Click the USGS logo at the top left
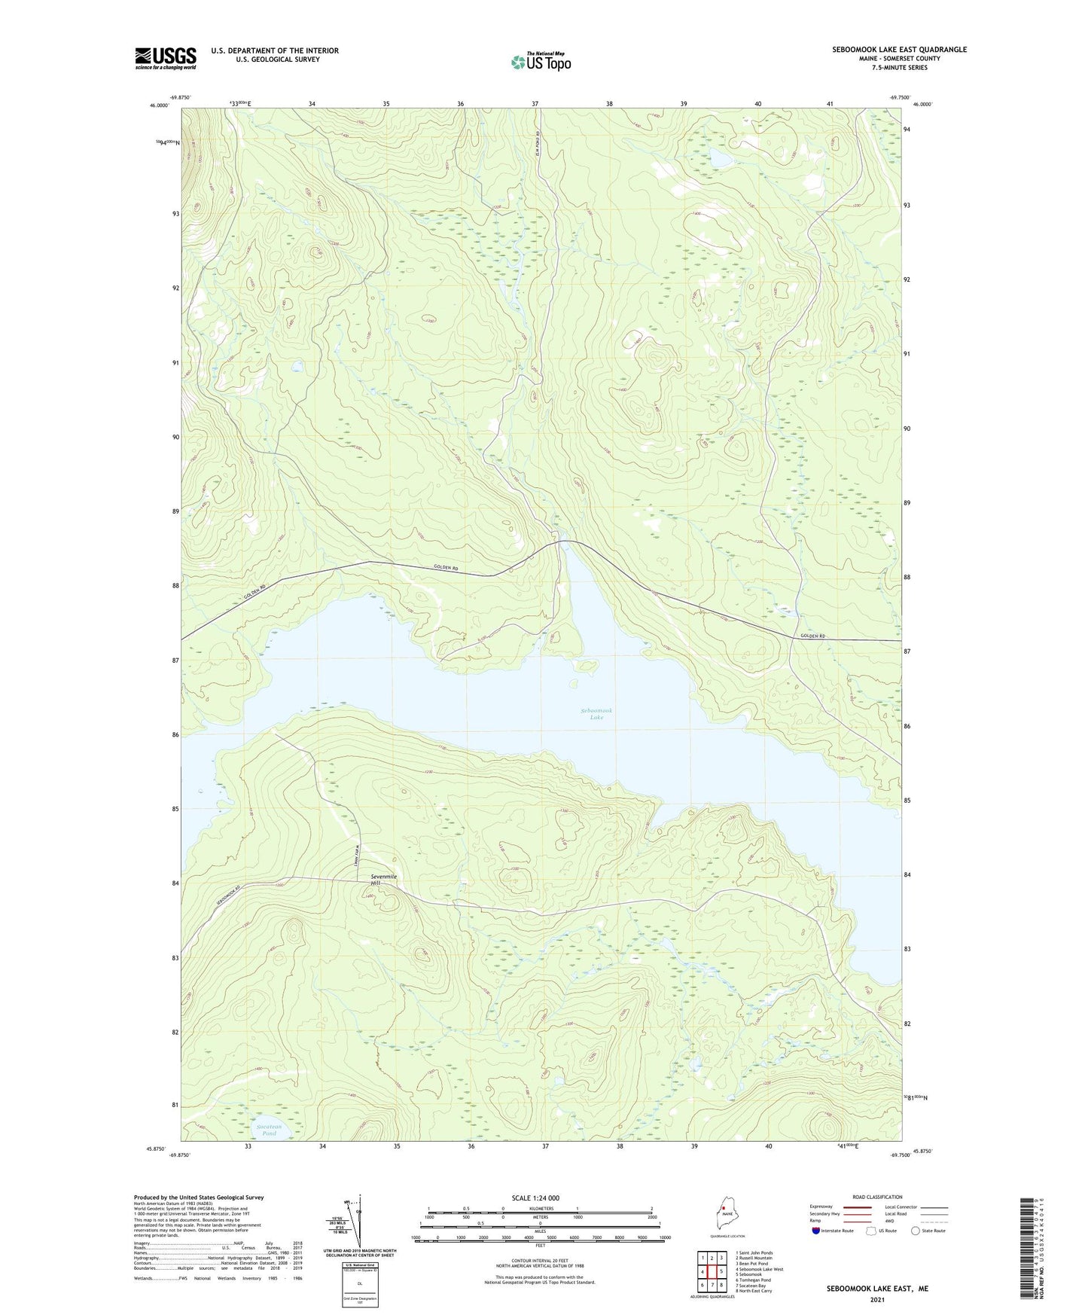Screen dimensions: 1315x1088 166,58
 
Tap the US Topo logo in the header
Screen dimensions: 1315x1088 541,62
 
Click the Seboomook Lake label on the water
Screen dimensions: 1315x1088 596,713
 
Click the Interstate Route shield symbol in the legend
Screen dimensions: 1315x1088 816,1231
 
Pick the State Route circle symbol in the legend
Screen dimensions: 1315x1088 915,1231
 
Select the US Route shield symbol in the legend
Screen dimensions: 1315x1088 871,1231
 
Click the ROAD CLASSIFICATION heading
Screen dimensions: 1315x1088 877,1197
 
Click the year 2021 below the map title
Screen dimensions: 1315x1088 877,1299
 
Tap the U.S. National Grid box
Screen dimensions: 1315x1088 359,1283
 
